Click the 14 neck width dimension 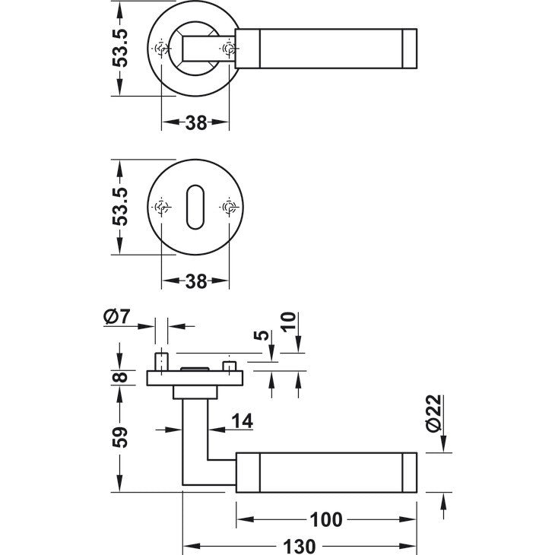click(241, 420)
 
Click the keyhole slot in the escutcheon click(196, 207)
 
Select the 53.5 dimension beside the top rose click(121, 49)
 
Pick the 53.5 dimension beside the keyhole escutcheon click(121, 207)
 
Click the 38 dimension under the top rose click(196, 123)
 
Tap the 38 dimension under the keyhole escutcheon click(196, 281)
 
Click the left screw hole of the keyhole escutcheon click(161, 207)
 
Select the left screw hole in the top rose click(161, 49)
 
